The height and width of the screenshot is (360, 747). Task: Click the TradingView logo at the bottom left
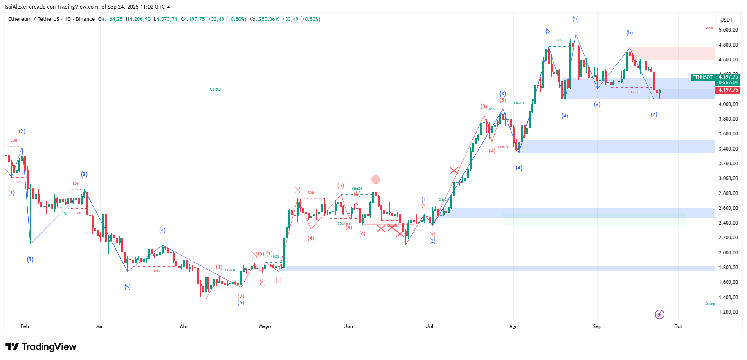pos(41,347)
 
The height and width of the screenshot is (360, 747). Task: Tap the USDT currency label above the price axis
pos(727,20)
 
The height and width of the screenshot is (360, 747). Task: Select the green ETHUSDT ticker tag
pos(702,77)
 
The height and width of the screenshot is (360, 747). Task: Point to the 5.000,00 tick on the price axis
pos(728,30)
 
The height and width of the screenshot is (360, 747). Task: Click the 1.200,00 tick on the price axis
pos(728,312)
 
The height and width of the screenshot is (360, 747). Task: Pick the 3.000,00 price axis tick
pos(728,178)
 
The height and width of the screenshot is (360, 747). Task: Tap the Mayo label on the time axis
pos(265,326)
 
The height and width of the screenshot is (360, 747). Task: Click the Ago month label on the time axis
pos(513,326)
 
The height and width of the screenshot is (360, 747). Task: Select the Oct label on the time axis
pos(678,326)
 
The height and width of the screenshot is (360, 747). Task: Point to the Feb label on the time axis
pos(25,326)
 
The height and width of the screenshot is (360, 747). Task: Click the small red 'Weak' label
pos(709,28)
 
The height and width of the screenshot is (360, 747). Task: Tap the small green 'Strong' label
pos(710,304)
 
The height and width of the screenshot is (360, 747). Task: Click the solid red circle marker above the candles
pos(376,180)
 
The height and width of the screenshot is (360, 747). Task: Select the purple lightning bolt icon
pos(659,314)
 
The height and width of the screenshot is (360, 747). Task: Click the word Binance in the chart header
pos(85,19)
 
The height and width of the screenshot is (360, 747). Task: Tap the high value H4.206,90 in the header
pos(138,19)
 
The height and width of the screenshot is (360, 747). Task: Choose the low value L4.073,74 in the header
pos(166,19)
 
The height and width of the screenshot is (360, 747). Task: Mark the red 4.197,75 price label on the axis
pos(728,90)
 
